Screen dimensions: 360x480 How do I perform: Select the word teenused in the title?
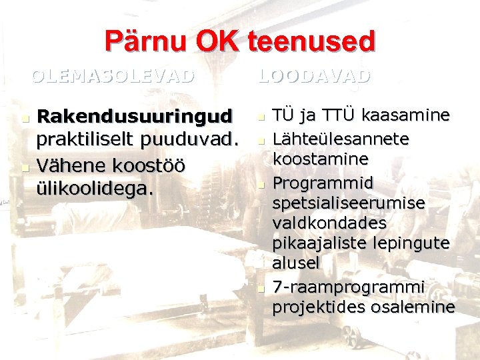pos(312,41)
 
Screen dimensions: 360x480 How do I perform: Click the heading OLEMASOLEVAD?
pos(113,75)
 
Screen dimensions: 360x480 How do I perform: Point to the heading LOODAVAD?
pos(314,75)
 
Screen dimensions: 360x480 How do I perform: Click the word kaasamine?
pos(406,115)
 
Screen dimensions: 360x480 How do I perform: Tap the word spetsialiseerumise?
pos(348,202)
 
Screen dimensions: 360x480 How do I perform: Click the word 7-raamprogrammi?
pos(348,287)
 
